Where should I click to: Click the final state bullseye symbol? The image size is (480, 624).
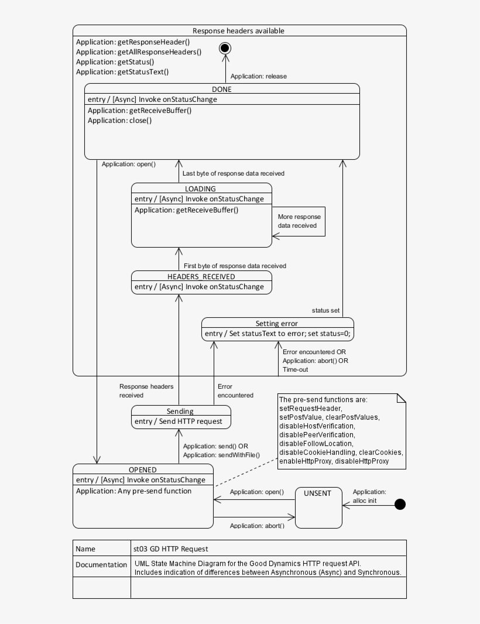225,48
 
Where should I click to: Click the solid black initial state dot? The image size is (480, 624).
400,504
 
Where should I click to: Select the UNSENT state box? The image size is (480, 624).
318,507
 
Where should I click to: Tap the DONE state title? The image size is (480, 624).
222,90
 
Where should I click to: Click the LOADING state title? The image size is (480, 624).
201,188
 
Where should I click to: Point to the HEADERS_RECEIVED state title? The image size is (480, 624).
201,276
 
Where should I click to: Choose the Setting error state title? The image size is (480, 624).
277,323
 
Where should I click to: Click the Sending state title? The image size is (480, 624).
180,411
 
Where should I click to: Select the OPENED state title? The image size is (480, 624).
143,469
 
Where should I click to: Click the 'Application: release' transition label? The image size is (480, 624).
258,76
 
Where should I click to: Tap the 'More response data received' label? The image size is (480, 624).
299,221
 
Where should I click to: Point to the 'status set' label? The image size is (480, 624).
325,310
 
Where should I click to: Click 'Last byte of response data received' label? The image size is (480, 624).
234,173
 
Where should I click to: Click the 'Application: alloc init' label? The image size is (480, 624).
369,496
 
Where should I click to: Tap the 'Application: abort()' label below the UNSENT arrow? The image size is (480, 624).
257,526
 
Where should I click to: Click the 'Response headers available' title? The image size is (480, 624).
239,30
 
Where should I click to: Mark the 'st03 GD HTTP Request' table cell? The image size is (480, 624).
170,548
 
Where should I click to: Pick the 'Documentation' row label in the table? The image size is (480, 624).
101,565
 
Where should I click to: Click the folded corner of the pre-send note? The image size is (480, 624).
402,398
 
